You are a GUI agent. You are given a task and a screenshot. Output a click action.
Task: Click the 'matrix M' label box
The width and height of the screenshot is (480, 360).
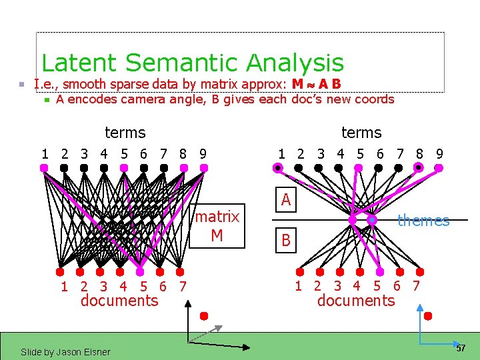[x=217, y=226]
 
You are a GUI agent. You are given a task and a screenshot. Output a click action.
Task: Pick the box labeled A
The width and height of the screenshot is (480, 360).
[x=285, y=199]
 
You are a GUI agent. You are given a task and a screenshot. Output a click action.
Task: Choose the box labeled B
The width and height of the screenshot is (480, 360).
[x=286, y=241]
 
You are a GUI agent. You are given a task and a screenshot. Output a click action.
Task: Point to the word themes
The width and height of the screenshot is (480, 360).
[x=423, y=221]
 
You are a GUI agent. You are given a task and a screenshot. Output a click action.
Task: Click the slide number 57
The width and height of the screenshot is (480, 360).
[x=461, y=349]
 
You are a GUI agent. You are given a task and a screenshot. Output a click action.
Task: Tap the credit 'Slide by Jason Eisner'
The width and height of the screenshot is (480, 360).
[x=65, y=351]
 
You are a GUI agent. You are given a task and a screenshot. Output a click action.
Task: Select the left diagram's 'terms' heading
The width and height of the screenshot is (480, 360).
[x=125, y=133]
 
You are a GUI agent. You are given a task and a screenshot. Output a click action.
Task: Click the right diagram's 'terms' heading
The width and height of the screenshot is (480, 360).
[x=361, y=133]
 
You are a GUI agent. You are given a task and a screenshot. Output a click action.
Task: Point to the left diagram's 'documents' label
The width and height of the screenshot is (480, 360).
[x=119, y=301]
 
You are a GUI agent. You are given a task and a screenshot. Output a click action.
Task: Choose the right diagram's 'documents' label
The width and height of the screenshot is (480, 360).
[x=356, y=301]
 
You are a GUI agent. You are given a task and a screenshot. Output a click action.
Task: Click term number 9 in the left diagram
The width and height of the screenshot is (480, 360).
[x=203, y=154]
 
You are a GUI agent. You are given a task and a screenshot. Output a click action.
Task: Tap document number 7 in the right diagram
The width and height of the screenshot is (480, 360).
[x=416, y=287]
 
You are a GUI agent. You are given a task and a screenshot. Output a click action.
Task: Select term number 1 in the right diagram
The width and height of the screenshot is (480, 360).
[x=281, y=154]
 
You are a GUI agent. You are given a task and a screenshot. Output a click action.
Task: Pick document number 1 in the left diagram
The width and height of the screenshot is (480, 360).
[x=64, y=287]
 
